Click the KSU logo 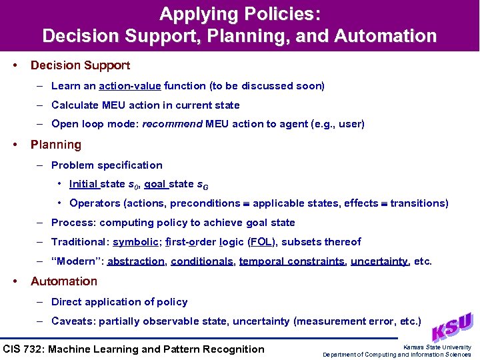(452, 327)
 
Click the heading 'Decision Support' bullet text (80, 65)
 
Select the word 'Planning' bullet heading (56, 145)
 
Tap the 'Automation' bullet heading (64, 281)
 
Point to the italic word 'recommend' (171, 124)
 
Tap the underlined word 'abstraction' (136, 261)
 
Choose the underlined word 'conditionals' (201, 261)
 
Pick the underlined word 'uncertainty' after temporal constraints (379, 261)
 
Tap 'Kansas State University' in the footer (437, 347)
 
